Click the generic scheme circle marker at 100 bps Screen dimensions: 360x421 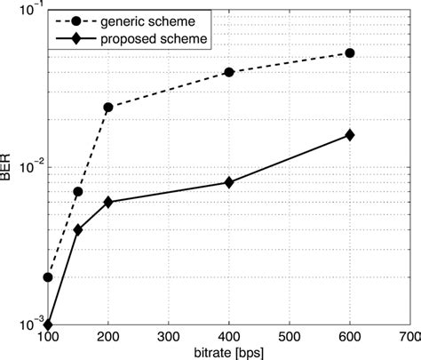pos(48,277)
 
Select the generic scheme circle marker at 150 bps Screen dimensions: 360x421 pos(78,192)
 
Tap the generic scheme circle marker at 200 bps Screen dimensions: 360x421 pos(108,108)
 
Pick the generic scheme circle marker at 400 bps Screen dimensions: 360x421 pos(229,72)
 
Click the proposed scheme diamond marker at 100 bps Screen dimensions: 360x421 pos(48,324)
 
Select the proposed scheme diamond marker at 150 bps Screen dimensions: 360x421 pos(78,229)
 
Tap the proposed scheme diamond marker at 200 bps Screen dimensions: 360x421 pos(108,202)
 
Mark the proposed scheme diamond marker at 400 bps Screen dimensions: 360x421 pos(229,182)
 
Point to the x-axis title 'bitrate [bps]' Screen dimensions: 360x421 pos(229,352)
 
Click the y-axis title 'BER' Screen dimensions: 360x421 pos(8,167)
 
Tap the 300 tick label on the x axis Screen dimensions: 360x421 pos(169,338)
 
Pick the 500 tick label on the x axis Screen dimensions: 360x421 pos(290,338)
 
